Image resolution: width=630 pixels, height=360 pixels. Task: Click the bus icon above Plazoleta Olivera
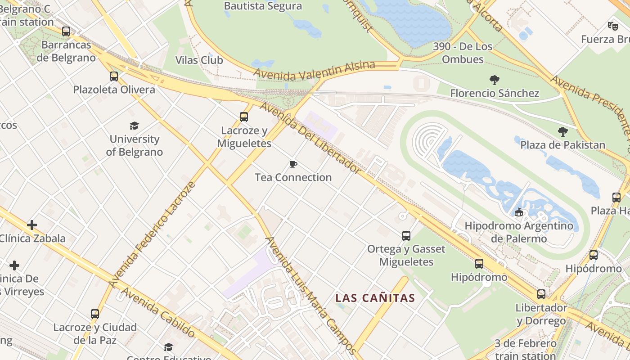[x=114, y=76]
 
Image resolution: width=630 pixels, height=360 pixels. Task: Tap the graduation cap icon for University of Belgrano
[x=134, y=126]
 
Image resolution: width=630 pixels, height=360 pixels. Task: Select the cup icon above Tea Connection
[x=293, y=164]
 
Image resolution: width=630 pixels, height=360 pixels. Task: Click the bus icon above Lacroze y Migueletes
[x=244, y=117]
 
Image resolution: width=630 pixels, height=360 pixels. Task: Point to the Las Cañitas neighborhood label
[x=375, y=298]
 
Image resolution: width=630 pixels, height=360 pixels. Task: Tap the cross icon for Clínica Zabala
[x=32, y=225]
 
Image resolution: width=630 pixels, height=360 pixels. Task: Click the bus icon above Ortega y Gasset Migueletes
[x=406, y=235]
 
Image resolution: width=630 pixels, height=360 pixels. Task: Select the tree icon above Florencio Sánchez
[x=495, y=80]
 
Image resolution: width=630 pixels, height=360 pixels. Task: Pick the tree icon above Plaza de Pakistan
[x=562, y=132]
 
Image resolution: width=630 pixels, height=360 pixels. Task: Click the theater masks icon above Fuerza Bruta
[x=612, y=26]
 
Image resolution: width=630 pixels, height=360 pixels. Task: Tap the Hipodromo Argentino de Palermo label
[x=519, y=232]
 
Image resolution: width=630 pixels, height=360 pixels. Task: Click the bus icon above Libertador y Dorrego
[x=541, y=294]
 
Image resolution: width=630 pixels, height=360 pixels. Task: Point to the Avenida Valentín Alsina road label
[x=314, y=71]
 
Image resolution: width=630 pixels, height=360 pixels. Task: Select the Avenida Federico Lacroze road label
[x=152, y=235]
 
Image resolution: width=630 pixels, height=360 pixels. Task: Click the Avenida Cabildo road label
[x=158, y=313]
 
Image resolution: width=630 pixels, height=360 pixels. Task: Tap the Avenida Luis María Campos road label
[x=311, y=295]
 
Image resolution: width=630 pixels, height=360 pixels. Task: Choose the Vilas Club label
[x=199, y=60]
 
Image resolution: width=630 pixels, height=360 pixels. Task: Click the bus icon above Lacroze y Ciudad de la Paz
[x=95, y=314]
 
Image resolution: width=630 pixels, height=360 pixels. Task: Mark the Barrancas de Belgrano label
[x=66, y=51]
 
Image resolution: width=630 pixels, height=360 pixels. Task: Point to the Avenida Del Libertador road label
[x=310, y=138]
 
